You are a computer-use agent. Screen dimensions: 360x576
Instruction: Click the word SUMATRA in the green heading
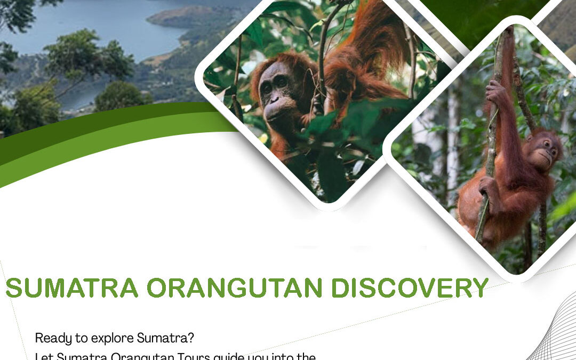72,288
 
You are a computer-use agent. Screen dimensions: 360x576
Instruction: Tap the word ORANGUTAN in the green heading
234,288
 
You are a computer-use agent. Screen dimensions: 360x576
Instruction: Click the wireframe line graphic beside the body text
555,336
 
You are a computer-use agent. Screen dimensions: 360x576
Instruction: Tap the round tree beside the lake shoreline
120,96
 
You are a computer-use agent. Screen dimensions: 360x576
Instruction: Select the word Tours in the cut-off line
194,356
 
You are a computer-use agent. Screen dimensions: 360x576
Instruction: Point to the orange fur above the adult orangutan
368,48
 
